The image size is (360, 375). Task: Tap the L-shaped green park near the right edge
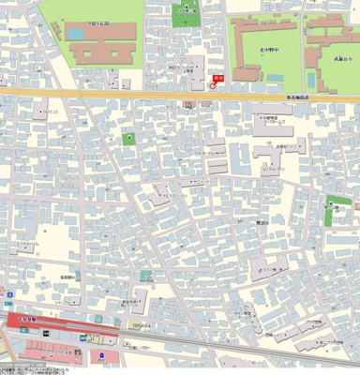pyautogui.click(x=334, y=213)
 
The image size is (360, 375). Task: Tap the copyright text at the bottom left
pyautogui.click(x=28, y=368)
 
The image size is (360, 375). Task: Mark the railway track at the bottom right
pyautogui.click(x=281, y=352)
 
